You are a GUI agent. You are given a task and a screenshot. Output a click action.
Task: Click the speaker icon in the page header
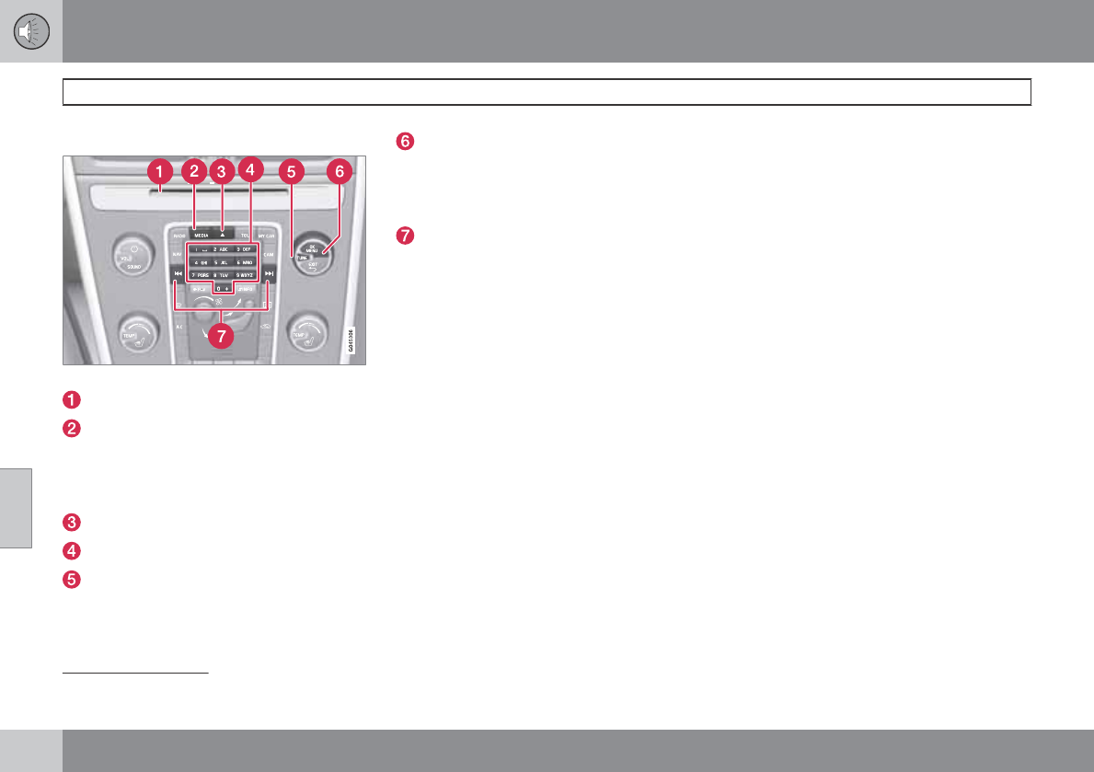(x=31, y=31)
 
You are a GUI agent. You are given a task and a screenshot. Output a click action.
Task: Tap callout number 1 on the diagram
(x=160, y=171)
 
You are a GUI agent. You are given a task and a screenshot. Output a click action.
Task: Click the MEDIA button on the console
(x=202, y=236)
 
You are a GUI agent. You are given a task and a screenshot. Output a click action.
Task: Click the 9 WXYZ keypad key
(x=244, y=275)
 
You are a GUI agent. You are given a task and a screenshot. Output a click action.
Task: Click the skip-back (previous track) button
(x=177, y=273)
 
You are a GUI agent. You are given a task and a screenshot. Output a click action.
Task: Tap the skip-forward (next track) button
(x=268, y=273)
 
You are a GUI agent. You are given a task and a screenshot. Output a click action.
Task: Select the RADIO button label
(x=178, y=236)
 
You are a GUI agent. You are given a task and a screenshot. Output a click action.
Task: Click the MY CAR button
(x=267, y=236)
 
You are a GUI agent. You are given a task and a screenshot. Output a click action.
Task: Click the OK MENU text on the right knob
(x=313, y=249)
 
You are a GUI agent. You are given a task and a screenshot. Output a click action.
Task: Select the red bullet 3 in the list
(x=71, y=522)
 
